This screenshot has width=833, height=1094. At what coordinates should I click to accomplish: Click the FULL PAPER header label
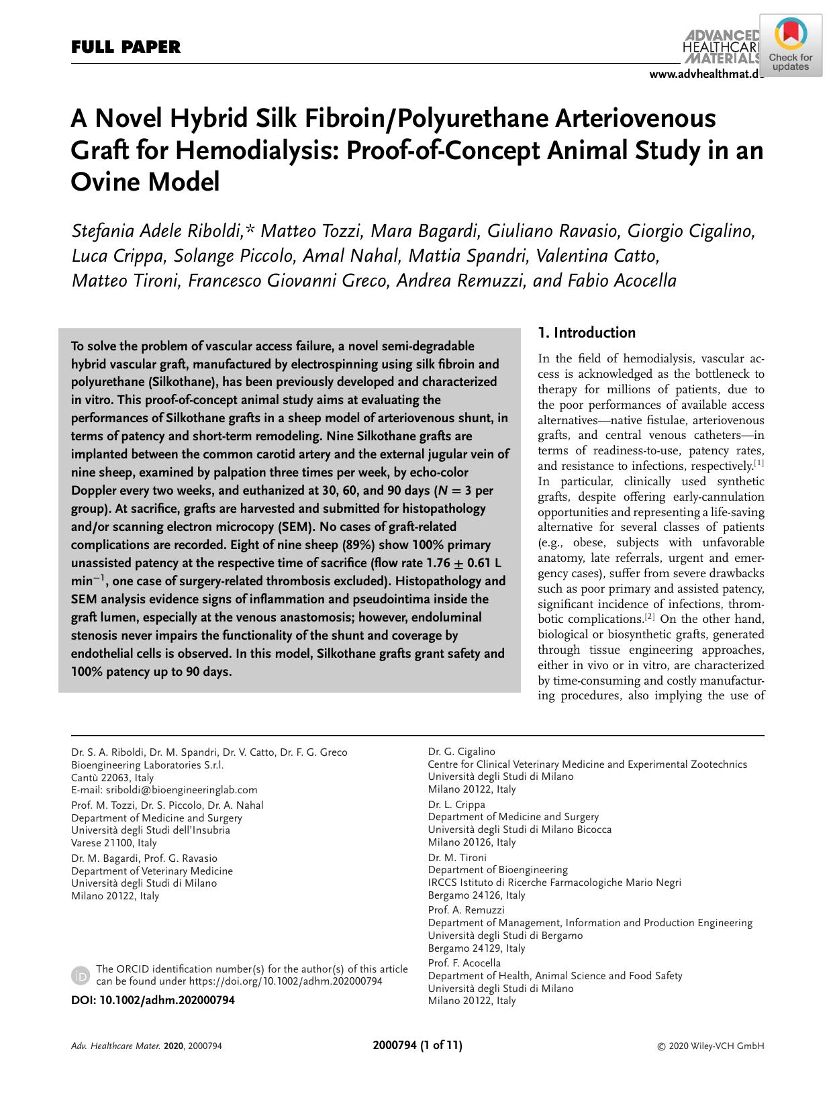[x=126, y=48]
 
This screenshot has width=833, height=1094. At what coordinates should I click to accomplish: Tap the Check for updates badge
[x=791, y=48]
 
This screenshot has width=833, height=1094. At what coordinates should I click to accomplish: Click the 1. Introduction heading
[x=587, y=333]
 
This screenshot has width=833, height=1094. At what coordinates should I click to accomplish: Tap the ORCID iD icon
[x=81, y=975]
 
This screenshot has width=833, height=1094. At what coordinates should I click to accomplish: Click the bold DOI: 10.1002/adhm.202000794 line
[x=153, y=1000]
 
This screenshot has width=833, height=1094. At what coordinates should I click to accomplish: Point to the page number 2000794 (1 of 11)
[x=417, y=1045]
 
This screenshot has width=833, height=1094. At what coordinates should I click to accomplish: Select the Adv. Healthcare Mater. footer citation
[x=146, y=1046]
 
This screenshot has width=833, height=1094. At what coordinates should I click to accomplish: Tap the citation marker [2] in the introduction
[x=650, y=616]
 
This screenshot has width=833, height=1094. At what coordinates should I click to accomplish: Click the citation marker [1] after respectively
[x=758, y=463]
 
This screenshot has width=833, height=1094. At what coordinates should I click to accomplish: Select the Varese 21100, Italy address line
[x=114, y=843]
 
